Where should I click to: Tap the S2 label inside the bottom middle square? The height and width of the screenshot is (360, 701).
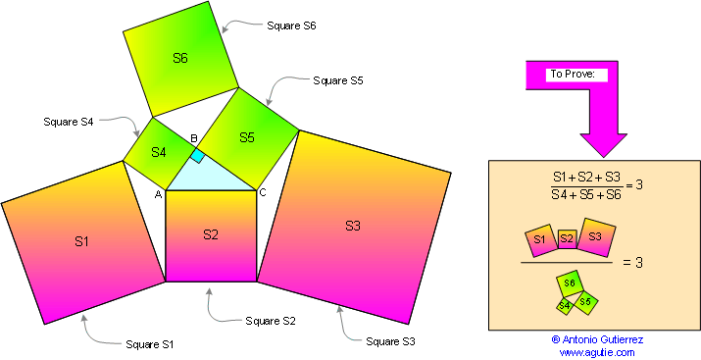pos(211,233)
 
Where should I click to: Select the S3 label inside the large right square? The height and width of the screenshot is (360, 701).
pos(353,226)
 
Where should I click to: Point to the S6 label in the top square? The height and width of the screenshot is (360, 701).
pos(180,58)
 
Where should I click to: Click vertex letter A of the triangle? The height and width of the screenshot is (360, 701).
pos(157,193)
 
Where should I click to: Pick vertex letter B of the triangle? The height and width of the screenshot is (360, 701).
pos(194,139)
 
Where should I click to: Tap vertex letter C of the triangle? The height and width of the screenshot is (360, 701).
pos(262,192)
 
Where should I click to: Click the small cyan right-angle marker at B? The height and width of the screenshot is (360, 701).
pos(197,155)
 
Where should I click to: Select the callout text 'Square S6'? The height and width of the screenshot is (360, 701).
pos(291,26)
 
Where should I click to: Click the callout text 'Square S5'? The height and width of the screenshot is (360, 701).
pos(338,80)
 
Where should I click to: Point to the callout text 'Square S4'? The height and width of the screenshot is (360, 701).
pos(69,122)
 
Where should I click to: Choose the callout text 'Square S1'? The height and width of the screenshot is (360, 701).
pos(150,344)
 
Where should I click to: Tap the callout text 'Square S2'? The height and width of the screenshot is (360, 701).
pos(271,321)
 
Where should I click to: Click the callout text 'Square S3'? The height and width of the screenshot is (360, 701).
pos(390,341)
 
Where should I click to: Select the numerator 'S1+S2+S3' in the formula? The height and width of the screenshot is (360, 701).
pos(584,176)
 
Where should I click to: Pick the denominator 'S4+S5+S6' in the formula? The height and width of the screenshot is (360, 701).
pos(584,193)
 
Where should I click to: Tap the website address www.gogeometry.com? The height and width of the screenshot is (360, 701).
pos(597,352)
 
